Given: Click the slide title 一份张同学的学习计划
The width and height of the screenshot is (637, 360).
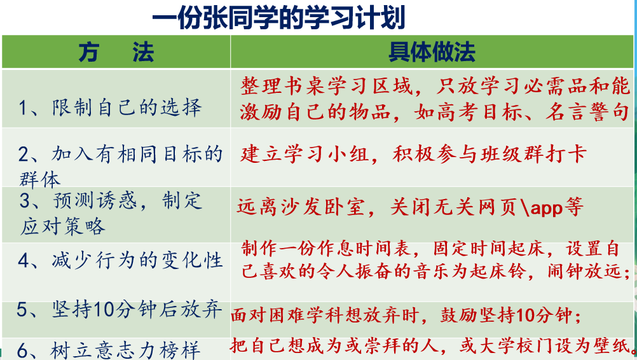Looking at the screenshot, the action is click(278, 18).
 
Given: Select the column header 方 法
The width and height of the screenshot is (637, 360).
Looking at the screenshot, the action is click(116, 52).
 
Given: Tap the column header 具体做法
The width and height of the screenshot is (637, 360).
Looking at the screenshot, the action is click(432, 52).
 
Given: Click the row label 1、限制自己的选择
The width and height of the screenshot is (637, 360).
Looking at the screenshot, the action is click(110, 107).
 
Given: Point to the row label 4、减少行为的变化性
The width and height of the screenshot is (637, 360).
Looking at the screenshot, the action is click(120, 260).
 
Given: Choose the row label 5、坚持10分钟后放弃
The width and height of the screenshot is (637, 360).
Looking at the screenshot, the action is click(120, 310).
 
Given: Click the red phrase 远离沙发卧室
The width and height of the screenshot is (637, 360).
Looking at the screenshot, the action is click(301, 207).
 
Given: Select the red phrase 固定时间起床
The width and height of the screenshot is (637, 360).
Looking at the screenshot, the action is click(488, 248).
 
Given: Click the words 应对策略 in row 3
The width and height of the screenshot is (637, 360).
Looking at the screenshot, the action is click(62, 226).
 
